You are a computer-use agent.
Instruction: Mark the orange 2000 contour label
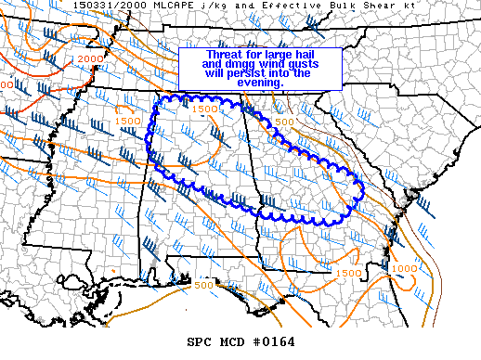coord(90,59)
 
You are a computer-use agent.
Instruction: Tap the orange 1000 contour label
coord(404,268)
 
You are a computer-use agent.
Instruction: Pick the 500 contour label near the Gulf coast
coord(203,285)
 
